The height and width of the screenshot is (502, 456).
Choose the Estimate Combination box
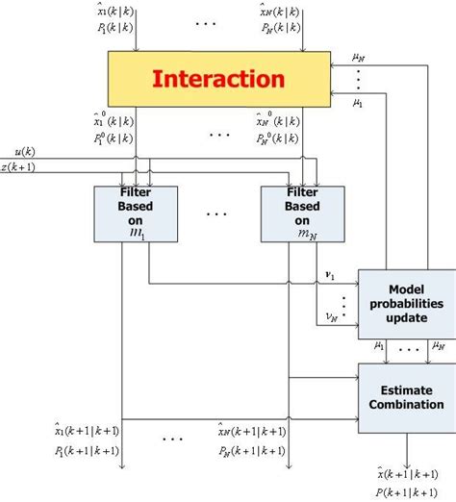click(x=407, y=396)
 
